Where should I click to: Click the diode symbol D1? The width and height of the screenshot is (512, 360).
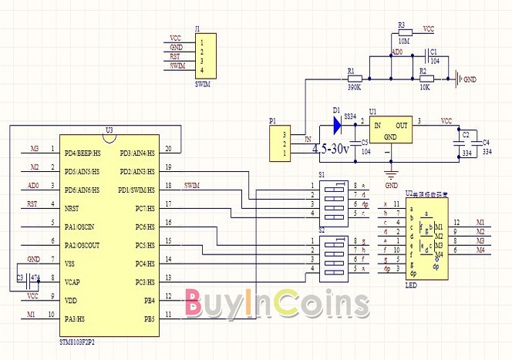click(x=337, y=123)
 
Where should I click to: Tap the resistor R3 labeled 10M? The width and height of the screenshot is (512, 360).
click(x=403, y=32)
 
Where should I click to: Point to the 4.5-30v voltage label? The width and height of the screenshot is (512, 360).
click(x=332, y=148)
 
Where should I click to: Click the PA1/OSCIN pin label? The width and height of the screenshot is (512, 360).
click(x=81, y=226)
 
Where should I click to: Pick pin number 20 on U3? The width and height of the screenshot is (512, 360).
click(x=168, y=150)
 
